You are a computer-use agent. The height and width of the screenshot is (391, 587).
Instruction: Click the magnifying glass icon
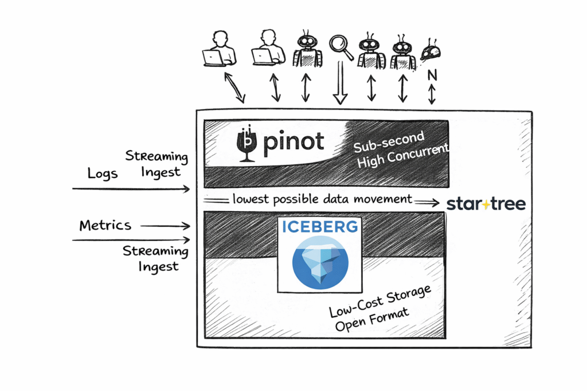pos(340,46)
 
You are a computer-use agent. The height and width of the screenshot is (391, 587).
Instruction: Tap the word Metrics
pos(105,226)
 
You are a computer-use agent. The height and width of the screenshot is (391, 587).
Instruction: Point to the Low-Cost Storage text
pos(379,302)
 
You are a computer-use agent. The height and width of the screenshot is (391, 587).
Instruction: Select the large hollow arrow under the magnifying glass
pos(341,83)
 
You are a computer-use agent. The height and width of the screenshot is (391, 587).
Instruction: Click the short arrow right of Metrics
pos(165,227)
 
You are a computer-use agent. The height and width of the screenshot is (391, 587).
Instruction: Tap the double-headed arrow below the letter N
pos(432,94)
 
